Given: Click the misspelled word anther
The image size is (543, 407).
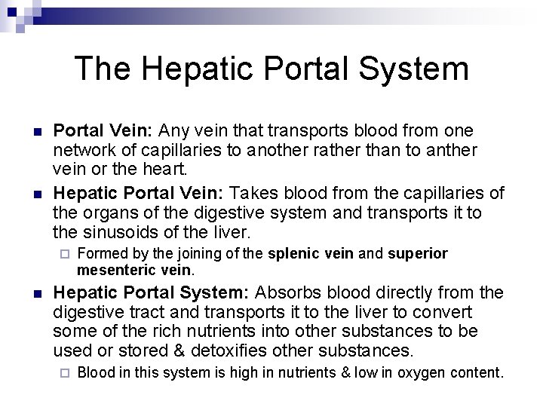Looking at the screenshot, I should (452, 150).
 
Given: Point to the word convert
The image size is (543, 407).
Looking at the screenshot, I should (445, 311).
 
